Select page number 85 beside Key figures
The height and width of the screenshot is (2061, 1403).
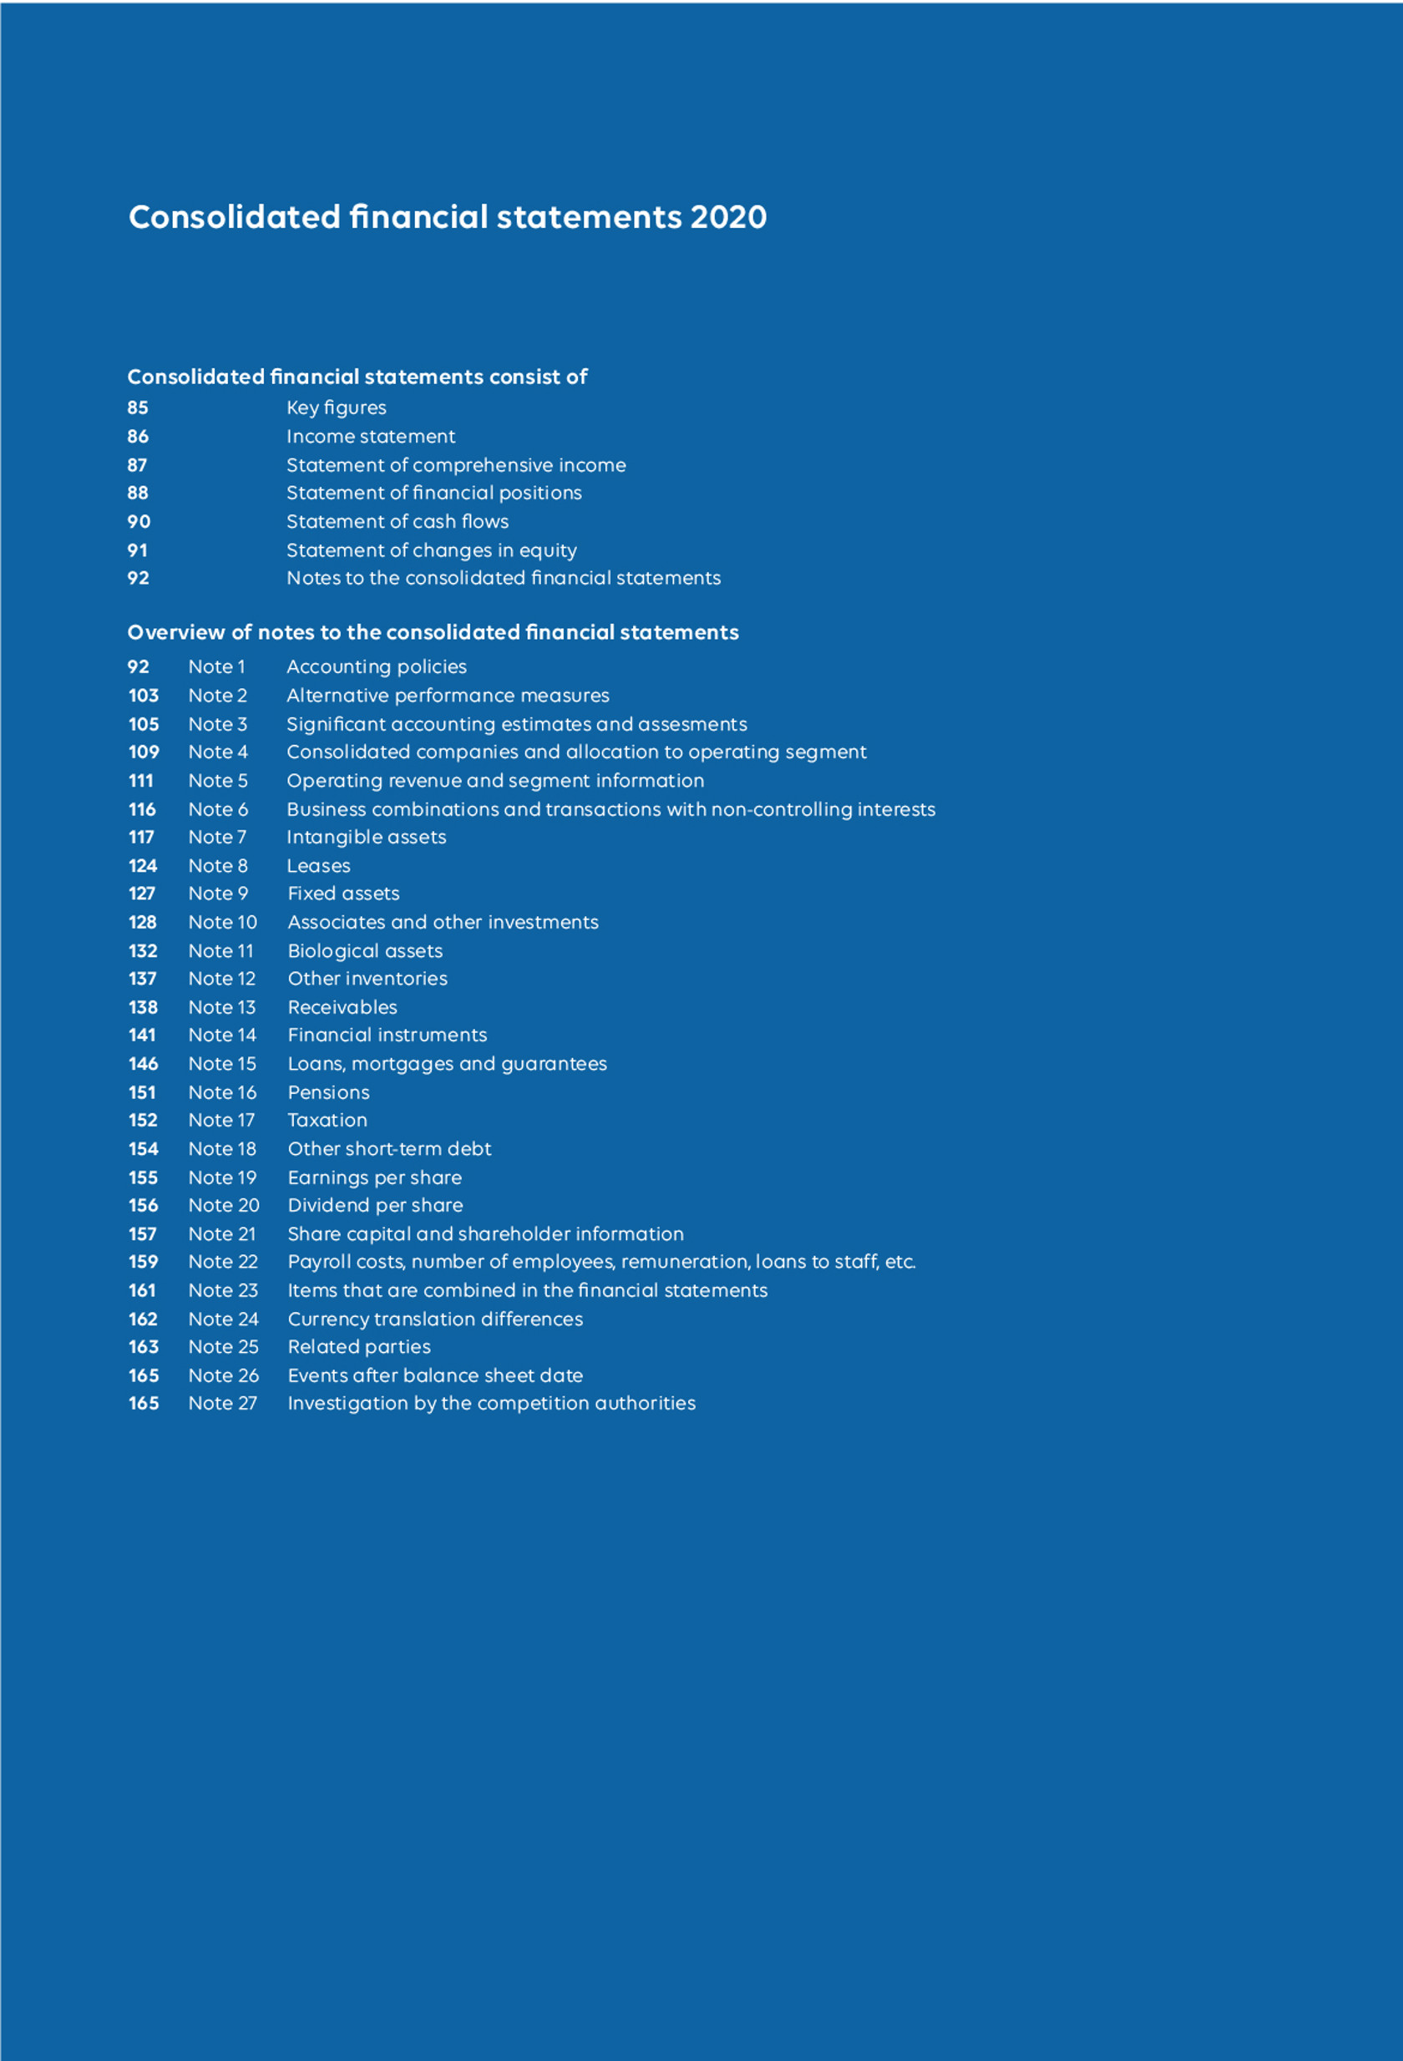138,408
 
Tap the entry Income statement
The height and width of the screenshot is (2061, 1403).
370,436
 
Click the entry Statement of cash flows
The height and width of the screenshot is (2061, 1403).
398,521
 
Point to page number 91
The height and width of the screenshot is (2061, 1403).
138,550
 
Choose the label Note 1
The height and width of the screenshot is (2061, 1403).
216,667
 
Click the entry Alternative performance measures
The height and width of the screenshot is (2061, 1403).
448,696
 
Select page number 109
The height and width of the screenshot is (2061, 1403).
144,752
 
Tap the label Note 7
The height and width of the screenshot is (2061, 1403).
217,837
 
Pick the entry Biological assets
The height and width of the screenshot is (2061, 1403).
364,951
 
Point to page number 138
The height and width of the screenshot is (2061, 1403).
143,1007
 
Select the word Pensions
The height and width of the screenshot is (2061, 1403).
328,1092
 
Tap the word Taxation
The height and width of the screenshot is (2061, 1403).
327,1120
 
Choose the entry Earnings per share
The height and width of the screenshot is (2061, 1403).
374,1177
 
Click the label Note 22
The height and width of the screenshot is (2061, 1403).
223,1262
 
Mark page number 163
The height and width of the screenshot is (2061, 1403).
144,1347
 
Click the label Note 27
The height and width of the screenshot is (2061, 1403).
223,1403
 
